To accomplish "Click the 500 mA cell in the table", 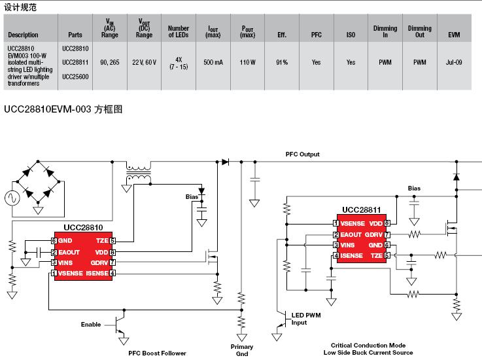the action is [213, 62].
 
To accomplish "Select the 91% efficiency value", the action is [282, 62].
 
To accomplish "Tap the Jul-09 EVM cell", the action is [454, 62].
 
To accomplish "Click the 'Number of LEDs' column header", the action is [179, 31].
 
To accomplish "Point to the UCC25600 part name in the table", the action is [75, 77].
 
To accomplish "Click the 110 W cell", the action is [247, 62].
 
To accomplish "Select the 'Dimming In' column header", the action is [385, 31].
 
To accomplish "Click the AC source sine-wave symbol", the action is [12, 198].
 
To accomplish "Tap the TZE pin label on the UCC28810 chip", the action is [102, 241].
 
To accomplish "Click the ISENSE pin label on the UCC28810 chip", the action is [97, 273].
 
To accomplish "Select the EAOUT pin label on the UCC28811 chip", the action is [351, 235].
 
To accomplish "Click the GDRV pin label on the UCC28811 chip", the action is [373, 235].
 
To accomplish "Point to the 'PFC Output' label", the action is [303, 154].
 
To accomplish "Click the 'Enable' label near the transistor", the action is [91, 325].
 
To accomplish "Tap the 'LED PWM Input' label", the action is [306, 319].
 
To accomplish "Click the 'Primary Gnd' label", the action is [242, 350].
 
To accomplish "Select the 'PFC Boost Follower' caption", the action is [157, 353].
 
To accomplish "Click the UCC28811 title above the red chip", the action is [362, 210].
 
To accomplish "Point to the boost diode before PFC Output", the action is [226, 162].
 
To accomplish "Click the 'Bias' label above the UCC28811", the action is [414, 189].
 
